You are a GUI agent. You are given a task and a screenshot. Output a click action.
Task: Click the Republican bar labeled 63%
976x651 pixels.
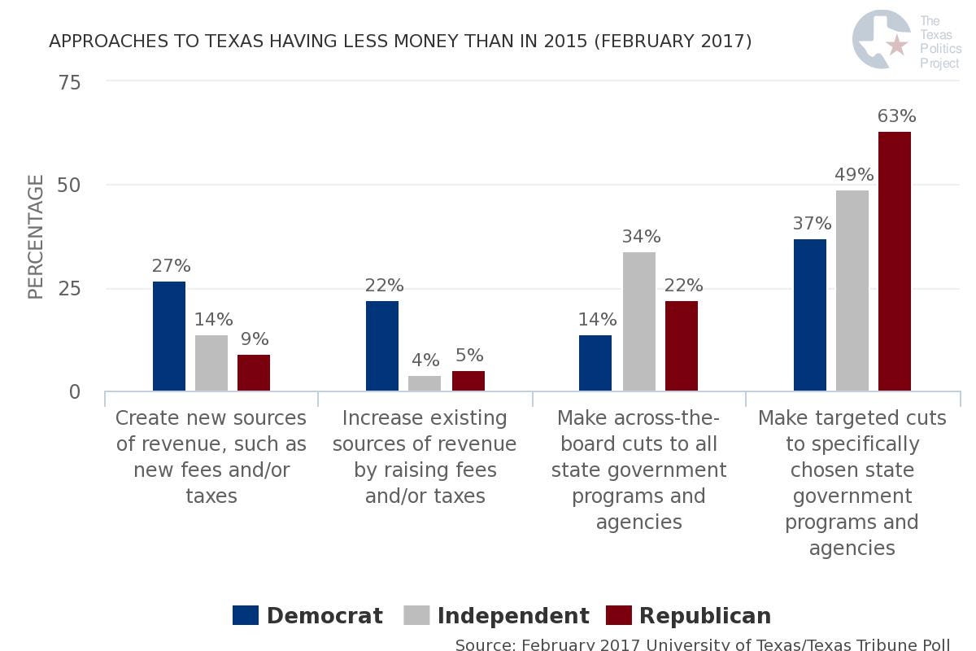[894, 261]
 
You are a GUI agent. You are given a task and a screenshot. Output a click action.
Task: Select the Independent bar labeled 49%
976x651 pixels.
[852, 291]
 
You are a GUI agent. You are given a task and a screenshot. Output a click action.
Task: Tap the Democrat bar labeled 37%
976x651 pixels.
[809, 315]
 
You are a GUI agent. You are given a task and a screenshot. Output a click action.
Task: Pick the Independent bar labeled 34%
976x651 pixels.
[638, 321]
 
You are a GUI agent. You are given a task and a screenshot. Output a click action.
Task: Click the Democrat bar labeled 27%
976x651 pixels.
[169, 336]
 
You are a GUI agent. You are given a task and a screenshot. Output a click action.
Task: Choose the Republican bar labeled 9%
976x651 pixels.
[254, 373]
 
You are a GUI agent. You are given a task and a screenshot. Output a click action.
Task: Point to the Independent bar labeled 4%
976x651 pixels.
[425, 383]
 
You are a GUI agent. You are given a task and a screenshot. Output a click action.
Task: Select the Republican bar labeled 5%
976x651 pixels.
[468, 381]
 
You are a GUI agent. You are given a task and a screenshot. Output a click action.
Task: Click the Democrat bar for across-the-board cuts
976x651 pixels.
[595, 363]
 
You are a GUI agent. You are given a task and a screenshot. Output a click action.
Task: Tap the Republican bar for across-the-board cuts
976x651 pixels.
[681, 346]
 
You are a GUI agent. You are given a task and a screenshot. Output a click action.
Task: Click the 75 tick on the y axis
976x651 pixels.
[68, 82]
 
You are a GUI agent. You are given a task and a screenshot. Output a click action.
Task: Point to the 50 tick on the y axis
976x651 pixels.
[68, 186]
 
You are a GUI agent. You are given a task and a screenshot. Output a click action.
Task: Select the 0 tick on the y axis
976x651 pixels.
[75, 391]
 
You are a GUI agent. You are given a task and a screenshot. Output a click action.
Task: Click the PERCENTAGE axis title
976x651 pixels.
[36, 237]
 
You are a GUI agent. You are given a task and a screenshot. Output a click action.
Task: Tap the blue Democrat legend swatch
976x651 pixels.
[246, 615]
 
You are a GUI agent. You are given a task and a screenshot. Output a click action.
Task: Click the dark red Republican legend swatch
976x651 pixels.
[620, 615]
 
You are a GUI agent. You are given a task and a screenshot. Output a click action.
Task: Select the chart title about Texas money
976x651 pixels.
[400, 41]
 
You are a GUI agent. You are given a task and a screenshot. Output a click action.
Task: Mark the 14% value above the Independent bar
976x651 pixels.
[213, 320]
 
